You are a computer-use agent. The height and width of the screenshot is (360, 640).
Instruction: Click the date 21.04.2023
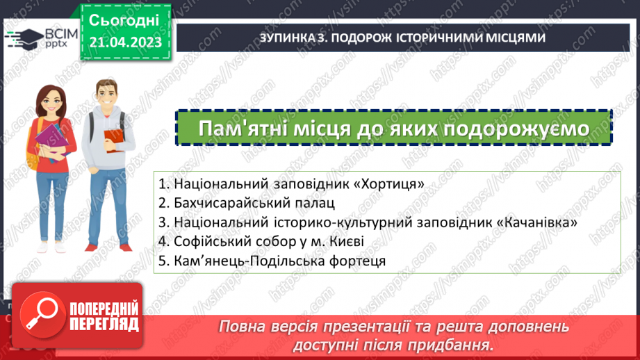[125, 42]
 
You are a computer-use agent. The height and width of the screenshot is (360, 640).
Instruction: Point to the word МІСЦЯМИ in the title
[511, 38]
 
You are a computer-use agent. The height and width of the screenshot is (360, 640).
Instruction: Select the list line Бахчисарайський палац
[247, 204]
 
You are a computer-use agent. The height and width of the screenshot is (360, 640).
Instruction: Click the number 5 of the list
[162, 261]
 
